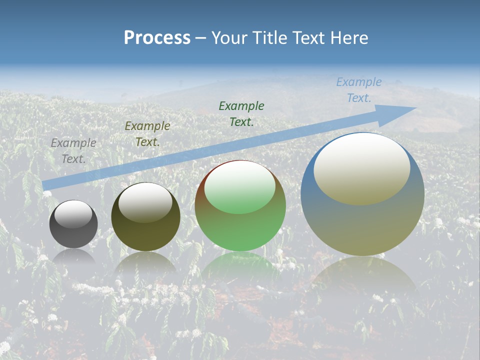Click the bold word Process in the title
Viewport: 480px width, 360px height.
[x=157, y=38]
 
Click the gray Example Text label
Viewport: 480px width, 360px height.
[x=73, y=150]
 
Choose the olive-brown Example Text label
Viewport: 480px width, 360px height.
[x=147, y=134]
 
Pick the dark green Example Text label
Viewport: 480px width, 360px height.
[x=241, y=113]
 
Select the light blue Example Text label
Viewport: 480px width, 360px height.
[x=358, y=90]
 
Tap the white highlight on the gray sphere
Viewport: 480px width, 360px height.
[x=73, y=214]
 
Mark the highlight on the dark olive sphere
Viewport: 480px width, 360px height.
[x=145, y=202]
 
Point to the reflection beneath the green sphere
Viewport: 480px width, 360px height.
[x=240, y=265]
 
